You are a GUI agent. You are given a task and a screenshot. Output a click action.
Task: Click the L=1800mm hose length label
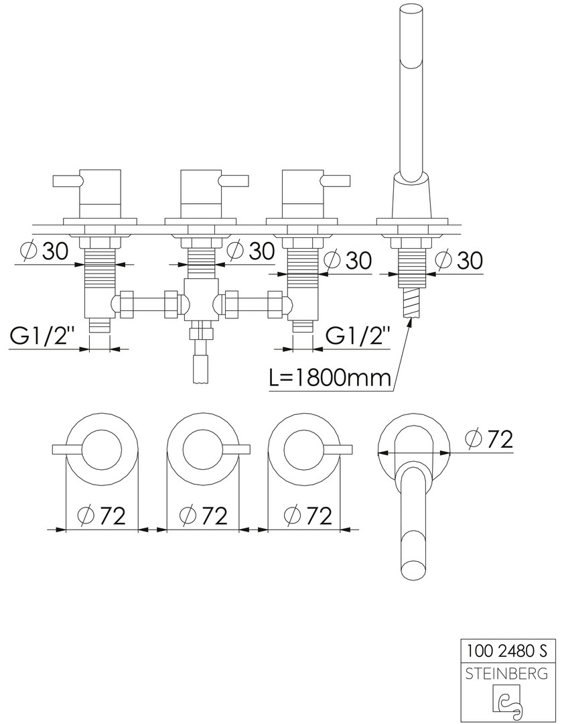[330, 378]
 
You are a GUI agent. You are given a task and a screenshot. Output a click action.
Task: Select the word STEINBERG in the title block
[507, 674]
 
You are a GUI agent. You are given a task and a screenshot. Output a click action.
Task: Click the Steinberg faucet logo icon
[507, 701]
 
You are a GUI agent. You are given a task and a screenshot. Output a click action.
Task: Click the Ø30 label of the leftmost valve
[45, 251]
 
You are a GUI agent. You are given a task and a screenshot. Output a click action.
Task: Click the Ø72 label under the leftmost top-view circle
[102, 516]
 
